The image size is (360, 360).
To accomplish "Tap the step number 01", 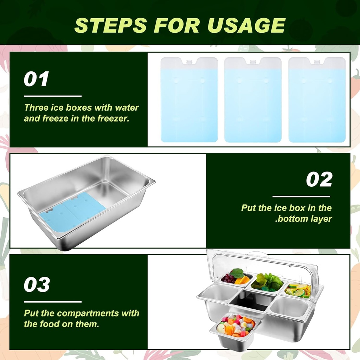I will (36, 79).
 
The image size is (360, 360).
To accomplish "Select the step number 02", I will (319, 180).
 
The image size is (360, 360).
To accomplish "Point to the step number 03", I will (37, 285).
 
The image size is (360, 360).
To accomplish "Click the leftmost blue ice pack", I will (189, 102).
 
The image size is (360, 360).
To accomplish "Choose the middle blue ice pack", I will (253, 102).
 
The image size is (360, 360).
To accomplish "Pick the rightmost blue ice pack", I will (317, 102).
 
